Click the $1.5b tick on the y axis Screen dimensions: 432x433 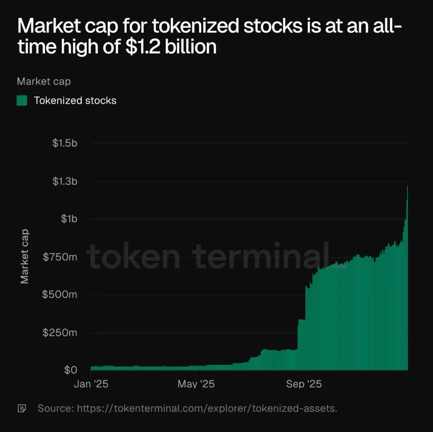click(65, 143)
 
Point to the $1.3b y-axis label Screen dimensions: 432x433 click(65, 181)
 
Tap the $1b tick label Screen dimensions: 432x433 click(69, 219)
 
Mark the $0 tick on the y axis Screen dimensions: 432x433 click(70, 370)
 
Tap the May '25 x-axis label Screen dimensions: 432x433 click(195, 384)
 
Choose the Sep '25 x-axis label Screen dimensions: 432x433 click(304, 384)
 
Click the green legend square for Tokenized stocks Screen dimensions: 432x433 click(22, 101)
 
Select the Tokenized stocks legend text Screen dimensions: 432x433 click(75, 101)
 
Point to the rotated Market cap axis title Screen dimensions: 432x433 click(25, 256)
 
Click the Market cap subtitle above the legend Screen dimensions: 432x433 click(44, 81)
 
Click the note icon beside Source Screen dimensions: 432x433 click(22, 409)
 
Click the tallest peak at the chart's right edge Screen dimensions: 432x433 click(407, 187)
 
